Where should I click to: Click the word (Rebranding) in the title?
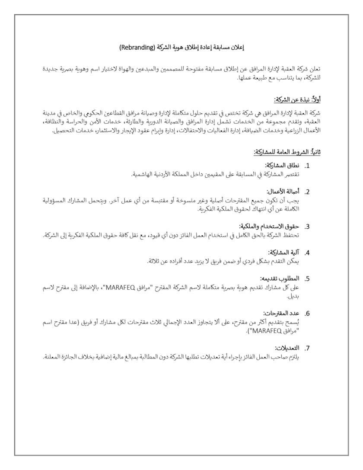click(x=137, y=46)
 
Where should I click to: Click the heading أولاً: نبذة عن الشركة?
click(x=297, y=99)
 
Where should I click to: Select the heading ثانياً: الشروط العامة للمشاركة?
click(x=287, y=152)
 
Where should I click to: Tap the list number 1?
click(x=307, y=165)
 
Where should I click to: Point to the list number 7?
click(x=307, y=348)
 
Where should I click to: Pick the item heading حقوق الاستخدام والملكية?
click(x=270, y=226)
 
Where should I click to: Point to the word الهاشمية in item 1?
click(x=143, y=174)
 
